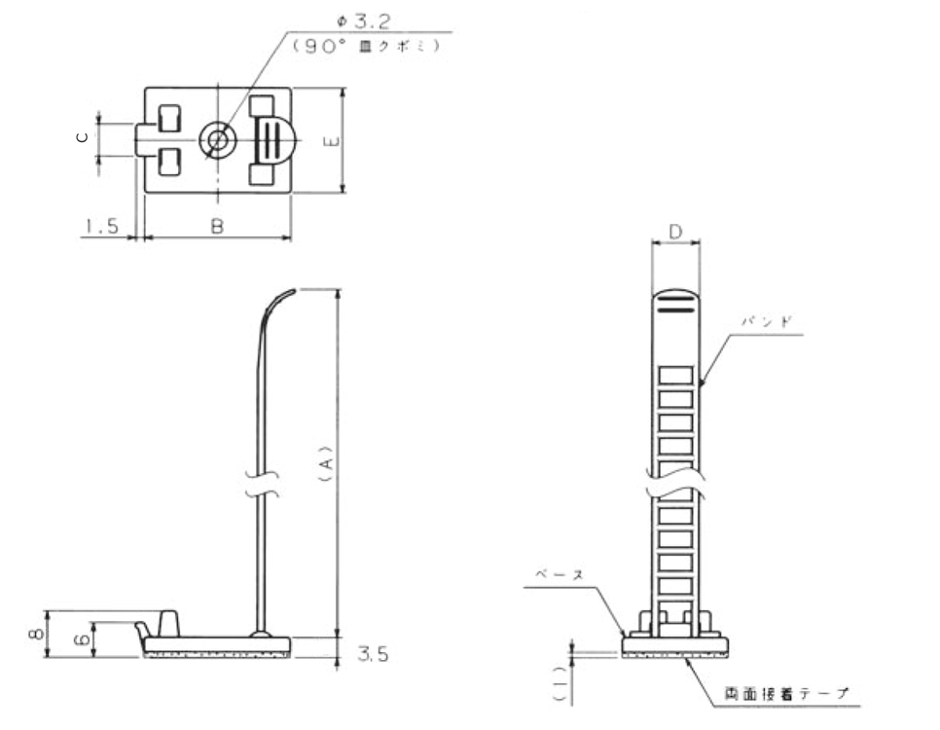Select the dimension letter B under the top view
point(218,226)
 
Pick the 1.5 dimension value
point(101,226)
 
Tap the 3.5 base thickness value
point(373,654)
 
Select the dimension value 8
point(36,635)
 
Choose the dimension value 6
point(84,639)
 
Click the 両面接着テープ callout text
point(787,693)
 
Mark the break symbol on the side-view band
point(261,485)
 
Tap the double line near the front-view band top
point(676,309)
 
